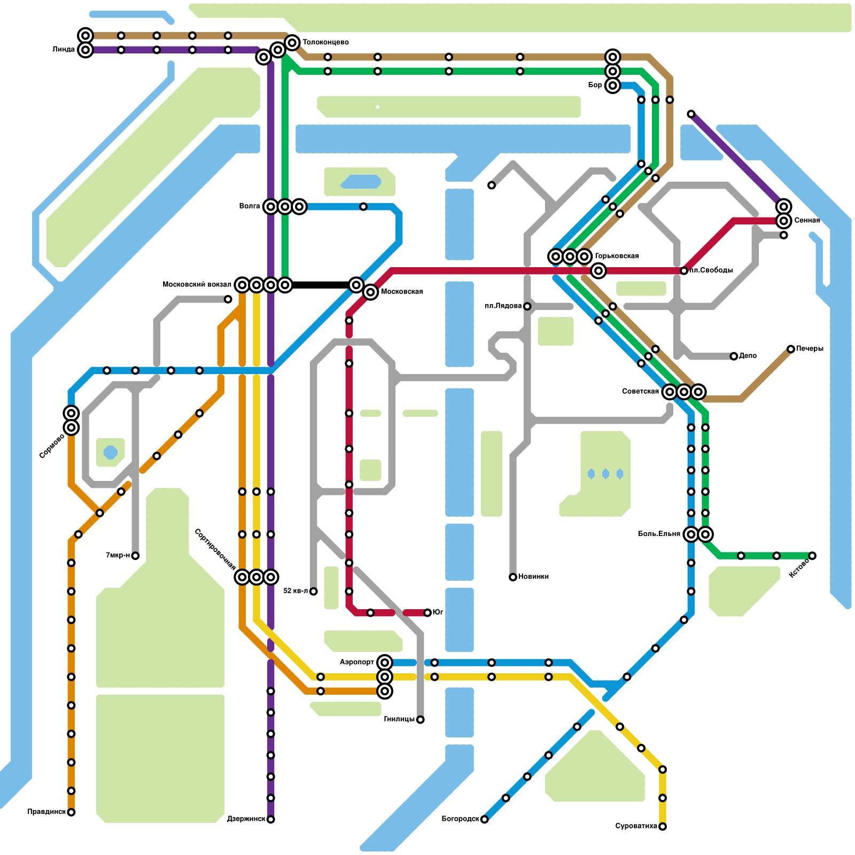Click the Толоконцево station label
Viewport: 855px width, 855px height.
click(x=325, y=42)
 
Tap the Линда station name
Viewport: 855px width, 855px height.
click(x=64, y=50)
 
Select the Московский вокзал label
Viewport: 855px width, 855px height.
click(x=197, y=284)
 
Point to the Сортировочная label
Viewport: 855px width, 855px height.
click(x=215, y=549)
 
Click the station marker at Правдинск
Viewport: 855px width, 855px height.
click(x=71, y=812)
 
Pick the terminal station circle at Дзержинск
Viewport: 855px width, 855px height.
click(x=271, y=819)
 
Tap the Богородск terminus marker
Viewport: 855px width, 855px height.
click(x=484, y=819)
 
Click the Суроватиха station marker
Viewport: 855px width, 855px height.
click(x=663, y=827)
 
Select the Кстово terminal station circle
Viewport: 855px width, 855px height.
click(x=812, y=556)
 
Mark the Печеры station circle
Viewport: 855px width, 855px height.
click(x=791, y=349)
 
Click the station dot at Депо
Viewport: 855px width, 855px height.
click(x=734, y=356)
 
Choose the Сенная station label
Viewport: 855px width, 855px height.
click(x=807, y=220)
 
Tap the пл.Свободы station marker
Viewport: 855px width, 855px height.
click(x=684, y=271)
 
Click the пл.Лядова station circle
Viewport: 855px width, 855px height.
click(x=527, y=306)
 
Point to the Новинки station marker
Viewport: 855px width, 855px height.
click(x=513, y=577)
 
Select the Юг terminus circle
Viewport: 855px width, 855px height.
click(x=428, y=612)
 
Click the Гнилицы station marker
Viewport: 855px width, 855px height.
click(x=421, y=720)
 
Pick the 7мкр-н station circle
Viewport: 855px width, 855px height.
click(x=135, y=556)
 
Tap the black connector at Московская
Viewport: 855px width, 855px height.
click(x=321, y=285)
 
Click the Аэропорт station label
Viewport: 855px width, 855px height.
click(x=357, y=663)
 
